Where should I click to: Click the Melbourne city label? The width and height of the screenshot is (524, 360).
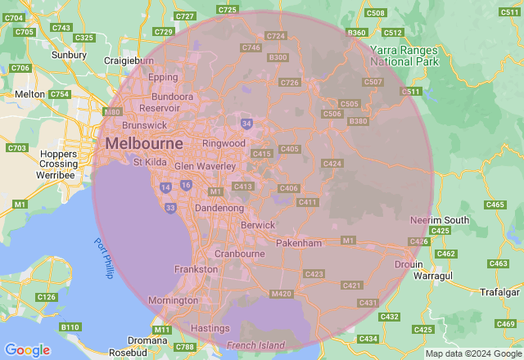[142, 144]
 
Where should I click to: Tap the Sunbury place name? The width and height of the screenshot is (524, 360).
[69, 55]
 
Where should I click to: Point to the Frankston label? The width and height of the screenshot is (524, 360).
[196, 269]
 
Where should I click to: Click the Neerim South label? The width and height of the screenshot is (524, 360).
[440, 221]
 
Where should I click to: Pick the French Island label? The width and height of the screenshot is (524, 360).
[255, 345]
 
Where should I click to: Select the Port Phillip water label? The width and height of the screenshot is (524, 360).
[102, 258]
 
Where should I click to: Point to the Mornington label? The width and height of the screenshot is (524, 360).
[173, 300]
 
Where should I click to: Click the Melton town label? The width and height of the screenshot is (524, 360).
[30, 95]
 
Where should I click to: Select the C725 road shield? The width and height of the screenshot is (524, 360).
[228, 10]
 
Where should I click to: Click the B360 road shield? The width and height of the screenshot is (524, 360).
[356, 32]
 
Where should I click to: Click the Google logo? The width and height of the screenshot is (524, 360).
[27, 349]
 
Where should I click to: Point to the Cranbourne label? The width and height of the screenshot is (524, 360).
[239, 254]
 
